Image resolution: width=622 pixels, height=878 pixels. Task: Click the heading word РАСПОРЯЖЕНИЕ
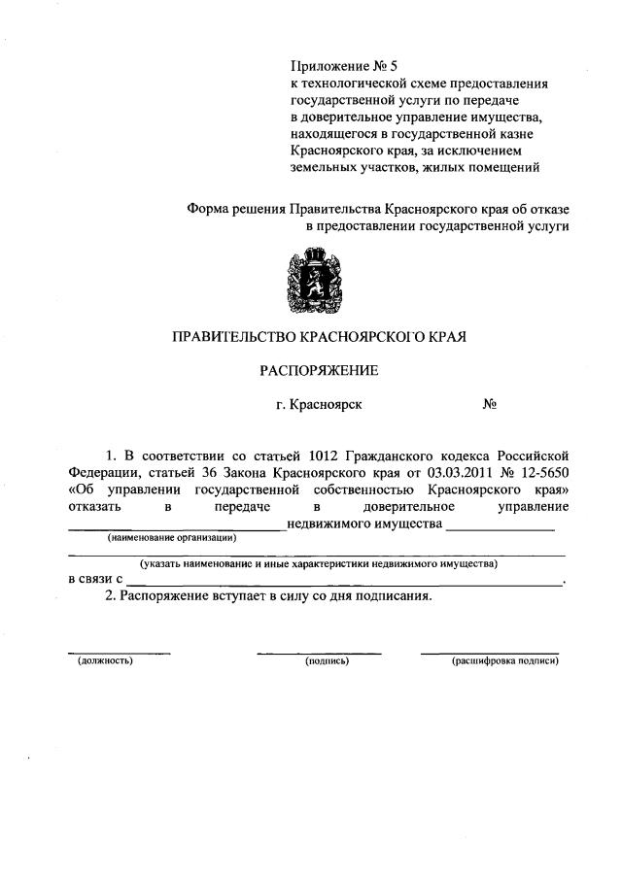[318, 370]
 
